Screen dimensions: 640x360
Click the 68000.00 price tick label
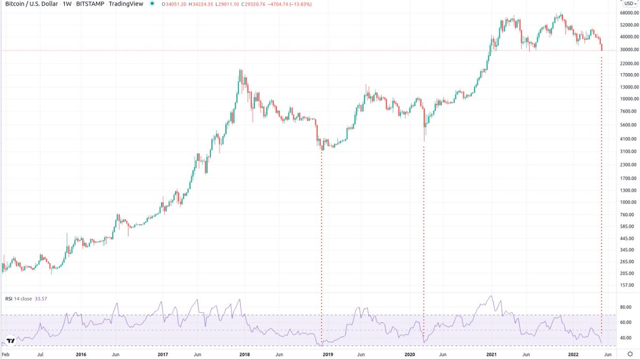point(629,13)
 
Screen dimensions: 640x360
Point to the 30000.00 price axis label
point(629,50)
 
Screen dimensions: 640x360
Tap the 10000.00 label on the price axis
point(629,99)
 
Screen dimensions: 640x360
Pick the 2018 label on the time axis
point(244,355)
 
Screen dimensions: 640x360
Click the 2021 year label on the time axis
point(491,355)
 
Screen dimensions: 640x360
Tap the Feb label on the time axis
point(6,355)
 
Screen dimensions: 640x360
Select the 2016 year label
point(81,355)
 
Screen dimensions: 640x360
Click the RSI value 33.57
point(41,299)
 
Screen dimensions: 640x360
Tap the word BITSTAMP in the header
point(90,4)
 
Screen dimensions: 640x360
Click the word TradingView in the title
point(126,4)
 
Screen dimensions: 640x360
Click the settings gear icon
point(630,354)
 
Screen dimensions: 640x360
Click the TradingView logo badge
point(11,341)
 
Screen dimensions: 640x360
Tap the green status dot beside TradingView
point(152,4)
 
